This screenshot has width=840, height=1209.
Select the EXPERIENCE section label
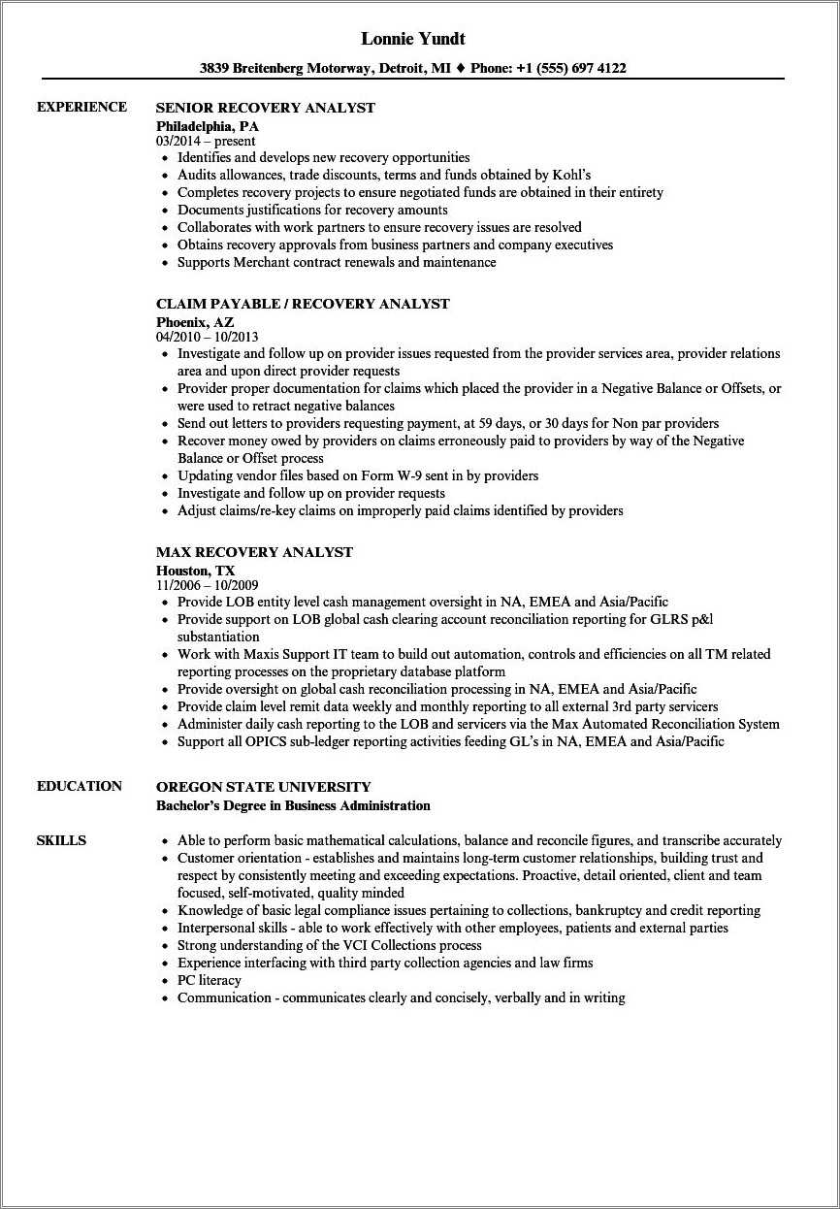[81, 107]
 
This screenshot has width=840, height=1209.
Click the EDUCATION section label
[80, 786]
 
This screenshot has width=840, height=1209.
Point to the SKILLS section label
[61, 840]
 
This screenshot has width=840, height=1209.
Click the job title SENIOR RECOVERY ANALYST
[265, 108]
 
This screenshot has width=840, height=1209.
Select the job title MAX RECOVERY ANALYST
[254, 552]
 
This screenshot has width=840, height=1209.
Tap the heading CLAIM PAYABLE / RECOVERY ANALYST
[303, 304]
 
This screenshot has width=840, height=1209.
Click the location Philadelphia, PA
[208, 125]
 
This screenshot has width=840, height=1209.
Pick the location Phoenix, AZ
[195, 321]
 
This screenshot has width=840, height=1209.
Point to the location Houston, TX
[195, 570]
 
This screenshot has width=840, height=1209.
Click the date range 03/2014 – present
[206, 141]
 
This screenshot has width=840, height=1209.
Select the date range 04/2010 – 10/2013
[207, 337]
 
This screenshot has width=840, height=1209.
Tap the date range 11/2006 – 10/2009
[207, 585]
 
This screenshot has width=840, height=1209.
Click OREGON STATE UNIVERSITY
[263, 787]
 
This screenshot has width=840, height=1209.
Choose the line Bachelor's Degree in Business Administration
[293, 805]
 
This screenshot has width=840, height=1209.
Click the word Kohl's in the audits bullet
[571, 175]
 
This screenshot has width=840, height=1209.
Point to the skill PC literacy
[209, 980]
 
